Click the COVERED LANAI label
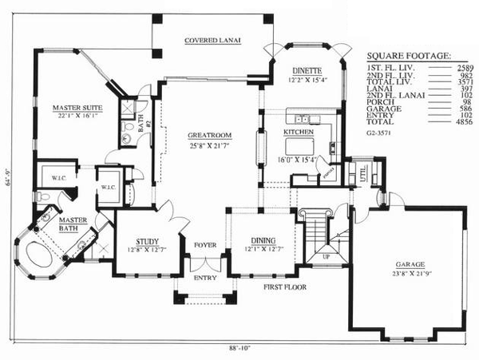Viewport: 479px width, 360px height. click(x=212, y=39)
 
